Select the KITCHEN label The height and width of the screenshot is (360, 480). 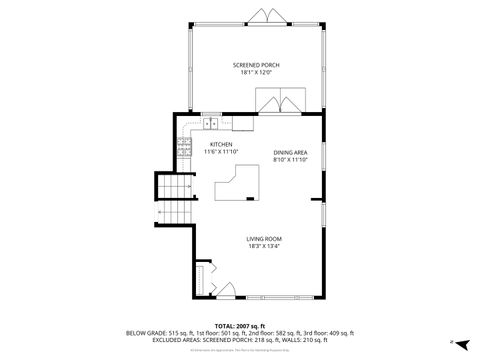220,144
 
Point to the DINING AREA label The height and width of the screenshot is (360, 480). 290,152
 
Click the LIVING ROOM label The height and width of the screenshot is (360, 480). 265,238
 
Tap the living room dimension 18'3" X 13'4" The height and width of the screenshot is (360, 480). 265,246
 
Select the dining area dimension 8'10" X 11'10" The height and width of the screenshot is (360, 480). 290,159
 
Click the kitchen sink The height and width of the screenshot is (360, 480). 211,124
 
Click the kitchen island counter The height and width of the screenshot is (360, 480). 239,185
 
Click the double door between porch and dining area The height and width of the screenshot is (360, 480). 282,102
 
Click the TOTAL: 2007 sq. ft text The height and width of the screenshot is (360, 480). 240,326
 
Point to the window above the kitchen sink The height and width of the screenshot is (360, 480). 211,114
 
